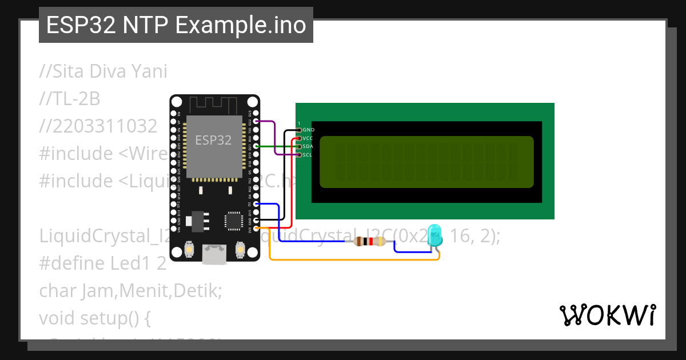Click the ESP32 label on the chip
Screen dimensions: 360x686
coord(213,140)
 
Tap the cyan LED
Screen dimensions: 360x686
coord(436,235)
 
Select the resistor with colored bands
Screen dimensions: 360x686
coord(369,242)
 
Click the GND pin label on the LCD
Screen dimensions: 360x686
coord(309,130)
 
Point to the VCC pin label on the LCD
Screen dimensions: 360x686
coord(308,138)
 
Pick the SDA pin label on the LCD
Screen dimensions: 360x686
coord(308,146)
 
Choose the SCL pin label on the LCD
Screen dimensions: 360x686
coord(308,154)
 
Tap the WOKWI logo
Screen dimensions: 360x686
coord(607,315)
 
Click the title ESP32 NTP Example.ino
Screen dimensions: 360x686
coord(176,25)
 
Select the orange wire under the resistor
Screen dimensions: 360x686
coord(354,260)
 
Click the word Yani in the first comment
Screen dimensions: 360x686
coord(146,71)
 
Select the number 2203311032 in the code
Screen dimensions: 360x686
coord(98,126)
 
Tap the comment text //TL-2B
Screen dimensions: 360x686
coord(70,99)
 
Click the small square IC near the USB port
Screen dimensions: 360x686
coord(234,221)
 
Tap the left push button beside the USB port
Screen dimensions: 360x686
coord(189,250)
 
